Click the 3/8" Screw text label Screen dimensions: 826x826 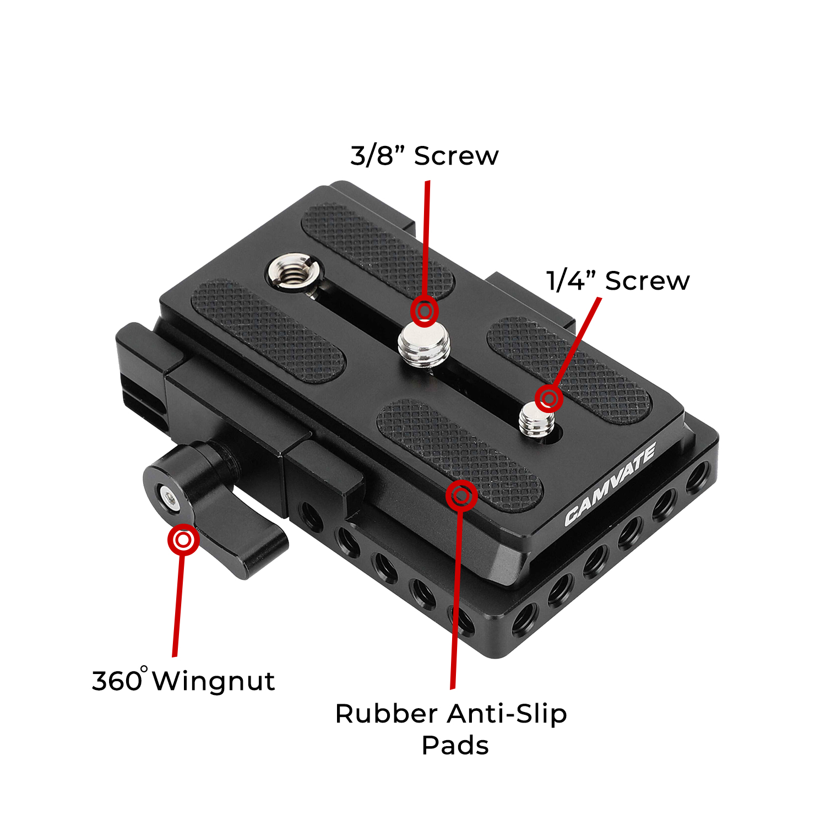[424, 156]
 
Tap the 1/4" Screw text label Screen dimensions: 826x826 [617, 281]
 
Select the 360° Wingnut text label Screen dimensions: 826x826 [183, 681]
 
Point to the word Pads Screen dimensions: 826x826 [455, 746]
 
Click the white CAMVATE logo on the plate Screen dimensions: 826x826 [610, 484]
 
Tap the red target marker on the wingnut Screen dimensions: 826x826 [183, 540]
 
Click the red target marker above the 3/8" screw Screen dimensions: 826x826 [424, 312]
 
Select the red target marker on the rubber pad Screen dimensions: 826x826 [461, 496]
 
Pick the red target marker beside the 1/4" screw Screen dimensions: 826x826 [548, 398]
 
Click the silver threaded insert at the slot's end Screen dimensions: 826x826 [294, 270]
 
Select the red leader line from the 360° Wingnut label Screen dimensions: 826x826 [177, 606]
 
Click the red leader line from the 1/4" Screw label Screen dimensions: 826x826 [578, 341]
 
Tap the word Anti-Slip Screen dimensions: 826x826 [507, 714]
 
